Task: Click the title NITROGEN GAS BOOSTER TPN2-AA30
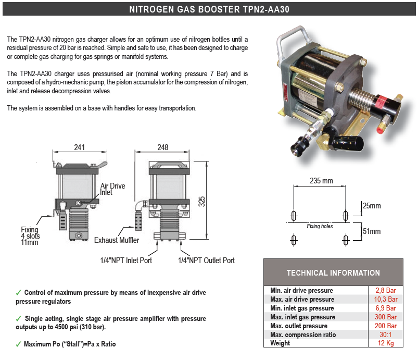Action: coord(209,9)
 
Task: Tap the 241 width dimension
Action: coord(79,147)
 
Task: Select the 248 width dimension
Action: coord(162,147)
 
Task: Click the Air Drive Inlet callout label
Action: coord(112,189)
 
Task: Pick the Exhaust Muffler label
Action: coord(117,240)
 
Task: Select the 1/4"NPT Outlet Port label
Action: coord(206,260)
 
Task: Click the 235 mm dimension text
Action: coord(321,181)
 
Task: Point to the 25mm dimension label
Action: coord(372,206)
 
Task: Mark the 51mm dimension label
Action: coord(372,231)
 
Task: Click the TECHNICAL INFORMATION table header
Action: coord(333,273)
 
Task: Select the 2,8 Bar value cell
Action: coord(386,291)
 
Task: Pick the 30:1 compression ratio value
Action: coord(386,335)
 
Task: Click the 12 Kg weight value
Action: coord(386,343)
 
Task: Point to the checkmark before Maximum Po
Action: coord(19,344)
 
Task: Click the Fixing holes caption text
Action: coord(320,227)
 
